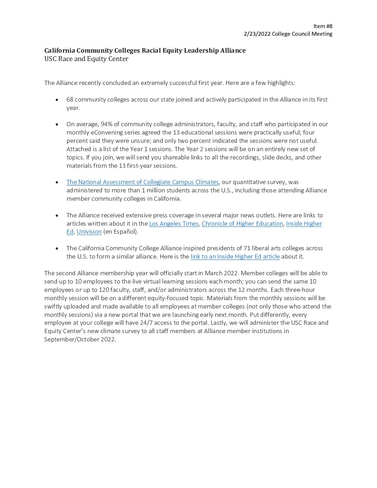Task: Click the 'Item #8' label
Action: [x=323, y=26]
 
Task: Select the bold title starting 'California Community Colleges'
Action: [x=145, y=51]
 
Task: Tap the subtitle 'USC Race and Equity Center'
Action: [x=86, y=59]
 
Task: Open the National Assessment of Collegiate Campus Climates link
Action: [x=142, y=182]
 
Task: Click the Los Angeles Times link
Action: [x=174, y=224]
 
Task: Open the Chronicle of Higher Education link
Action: [x=242, y=224]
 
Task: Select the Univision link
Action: [x=89, y=232]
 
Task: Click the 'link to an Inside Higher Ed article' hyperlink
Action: [x=235, y=256]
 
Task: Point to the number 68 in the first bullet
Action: [x=70, y=99]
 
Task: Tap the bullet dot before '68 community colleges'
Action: [x=57, y=100]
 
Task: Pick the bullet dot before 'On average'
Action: [x=57, y=124]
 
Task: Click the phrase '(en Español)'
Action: [x=121, y=232]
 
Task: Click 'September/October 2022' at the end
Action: [x=80, y=339]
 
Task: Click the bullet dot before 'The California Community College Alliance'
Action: [x=57, y=249]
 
